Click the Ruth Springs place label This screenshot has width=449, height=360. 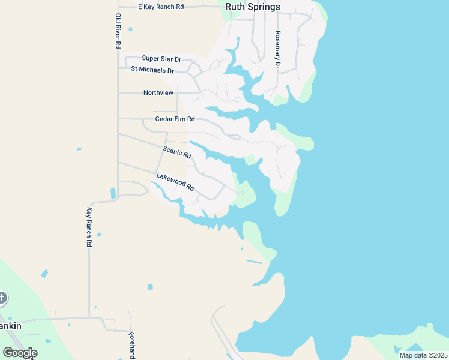coord(252,7)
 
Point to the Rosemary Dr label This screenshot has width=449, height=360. coord(277,49)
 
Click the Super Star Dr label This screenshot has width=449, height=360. coord(161,59)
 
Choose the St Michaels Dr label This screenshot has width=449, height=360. coord(152,70)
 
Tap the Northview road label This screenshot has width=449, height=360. coord(158,93)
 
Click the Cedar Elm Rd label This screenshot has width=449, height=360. coord(175,119)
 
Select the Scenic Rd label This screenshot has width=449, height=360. coord(177,152)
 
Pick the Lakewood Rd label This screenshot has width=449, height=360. coord(175,182)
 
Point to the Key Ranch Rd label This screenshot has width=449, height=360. coord(89,227)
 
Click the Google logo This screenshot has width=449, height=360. coord(20,353)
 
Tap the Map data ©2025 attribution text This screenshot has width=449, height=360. coord(423,355)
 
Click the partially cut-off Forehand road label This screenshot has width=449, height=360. coord(132,345)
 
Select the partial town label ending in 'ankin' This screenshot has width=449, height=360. coord(11,326)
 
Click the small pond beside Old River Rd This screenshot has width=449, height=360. coord(113,193)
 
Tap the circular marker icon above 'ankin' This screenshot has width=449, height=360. coord(2,298)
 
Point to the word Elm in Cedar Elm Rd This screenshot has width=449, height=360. coord(179,119)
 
